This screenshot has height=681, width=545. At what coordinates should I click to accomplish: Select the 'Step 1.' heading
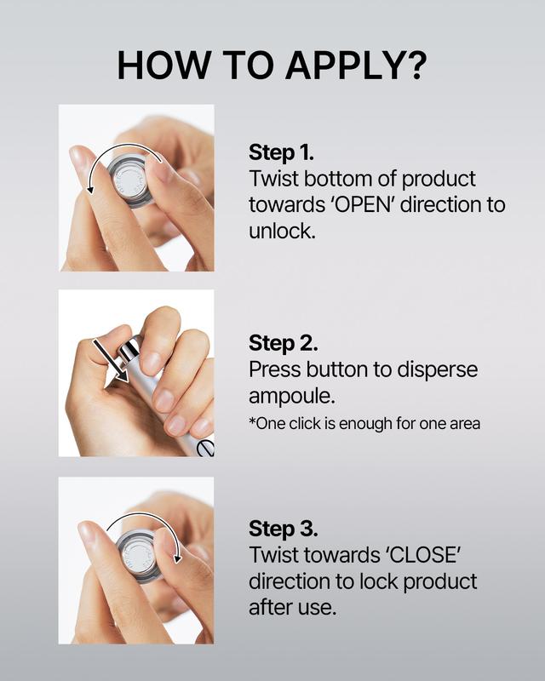click(x=281, y=152)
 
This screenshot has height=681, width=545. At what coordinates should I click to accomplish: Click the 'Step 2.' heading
click(x=283, y=343)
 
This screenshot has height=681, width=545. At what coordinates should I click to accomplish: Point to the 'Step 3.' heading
click(x=283, y=529)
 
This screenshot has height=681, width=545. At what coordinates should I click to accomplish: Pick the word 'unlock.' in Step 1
click(x=282, y=231)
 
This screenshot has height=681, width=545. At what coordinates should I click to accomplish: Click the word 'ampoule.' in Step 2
click(x=291, y=397)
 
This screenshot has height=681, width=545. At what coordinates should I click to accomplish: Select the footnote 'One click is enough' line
click(x=364, y=423)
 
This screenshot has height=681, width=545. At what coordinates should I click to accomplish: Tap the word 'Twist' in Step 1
click(x=273, y=179)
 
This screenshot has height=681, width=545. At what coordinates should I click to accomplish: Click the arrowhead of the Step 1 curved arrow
click(x=90, y=188)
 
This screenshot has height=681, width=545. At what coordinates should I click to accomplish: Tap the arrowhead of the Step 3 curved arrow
click(x=177, y=558)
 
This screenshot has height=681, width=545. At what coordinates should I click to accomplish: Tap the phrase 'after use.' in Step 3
click(x=292, y=607)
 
